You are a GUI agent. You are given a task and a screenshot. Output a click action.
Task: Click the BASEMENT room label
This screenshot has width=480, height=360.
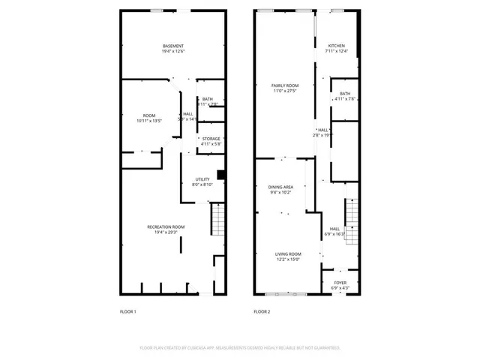173,46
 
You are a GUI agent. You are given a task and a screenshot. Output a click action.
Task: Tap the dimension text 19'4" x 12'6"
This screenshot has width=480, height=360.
173,51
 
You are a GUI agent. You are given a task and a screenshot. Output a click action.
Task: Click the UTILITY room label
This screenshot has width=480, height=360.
202,178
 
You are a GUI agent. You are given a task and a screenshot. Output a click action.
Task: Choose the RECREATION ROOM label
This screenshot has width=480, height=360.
165,226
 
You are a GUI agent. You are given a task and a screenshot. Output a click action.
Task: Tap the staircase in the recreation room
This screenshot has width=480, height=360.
218,220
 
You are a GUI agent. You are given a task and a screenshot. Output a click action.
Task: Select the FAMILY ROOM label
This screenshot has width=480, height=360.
285,86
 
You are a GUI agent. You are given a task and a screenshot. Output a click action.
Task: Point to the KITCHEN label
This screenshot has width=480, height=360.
336,46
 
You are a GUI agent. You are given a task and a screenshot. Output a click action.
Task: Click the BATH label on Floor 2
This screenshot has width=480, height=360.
345,93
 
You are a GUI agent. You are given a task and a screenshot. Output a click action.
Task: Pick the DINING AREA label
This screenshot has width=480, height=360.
280,187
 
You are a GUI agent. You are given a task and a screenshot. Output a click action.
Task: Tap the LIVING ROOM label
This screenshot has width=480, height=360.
287,254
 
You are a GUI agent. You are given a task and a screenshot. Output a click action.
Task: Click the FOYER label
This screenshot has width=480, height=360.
340,283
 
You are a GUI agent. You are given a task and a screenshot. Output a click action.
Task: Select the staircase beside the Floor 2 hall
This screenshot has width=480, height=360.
349,217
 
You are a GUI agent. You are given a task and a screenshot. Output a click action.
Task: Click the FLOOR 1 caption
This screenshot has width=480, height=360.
128,311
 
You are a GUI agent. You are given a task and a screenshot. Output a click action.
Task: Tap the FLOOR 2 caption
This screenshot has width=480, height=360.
262,311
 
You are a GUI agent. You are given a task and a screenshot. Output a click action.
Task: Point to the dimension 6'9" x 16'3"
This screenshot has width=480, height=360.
334,234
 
